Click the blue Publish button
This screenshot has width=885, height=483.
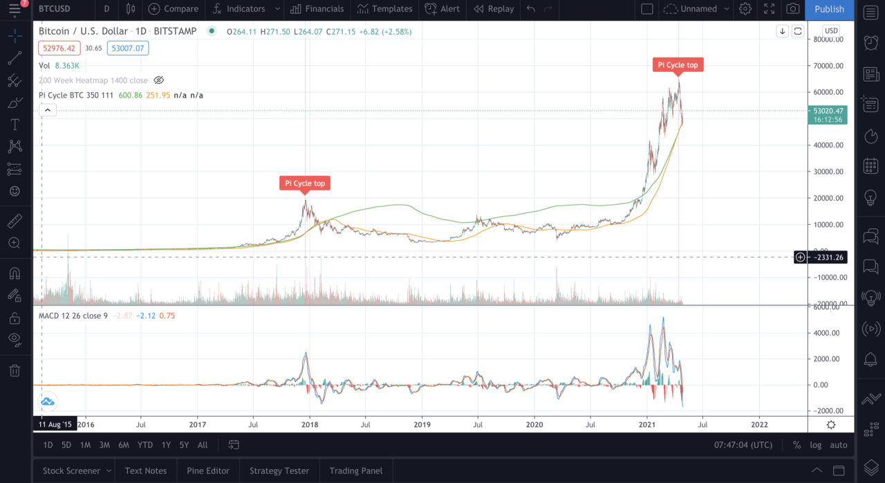point(829,9)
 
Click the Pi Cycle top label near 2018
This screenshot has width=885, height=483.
point(305,183)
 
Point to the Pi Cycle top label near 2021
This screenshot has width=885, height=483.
point(678,65)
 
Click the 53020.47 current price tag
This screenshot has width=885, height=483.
point(828,111)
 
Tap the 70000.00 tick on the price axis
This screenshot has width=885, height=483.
point(829,66)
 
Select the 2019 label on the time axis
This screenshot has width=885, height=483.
point(422,424)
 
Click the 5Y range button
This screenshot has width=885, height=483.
point(184,445)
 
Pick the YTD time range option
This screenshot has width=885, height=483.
point(145,445)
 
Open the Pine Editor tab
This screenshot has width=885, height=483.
point(207,471)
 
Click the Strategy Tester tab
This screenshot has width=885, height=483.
point(279,471)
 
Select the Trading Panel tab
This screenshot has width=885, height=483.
point(355,471)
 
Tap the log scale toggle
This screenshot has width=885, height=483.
point(816,445)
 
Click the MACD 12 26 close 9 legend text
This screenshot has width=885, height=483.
point(73,316)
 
